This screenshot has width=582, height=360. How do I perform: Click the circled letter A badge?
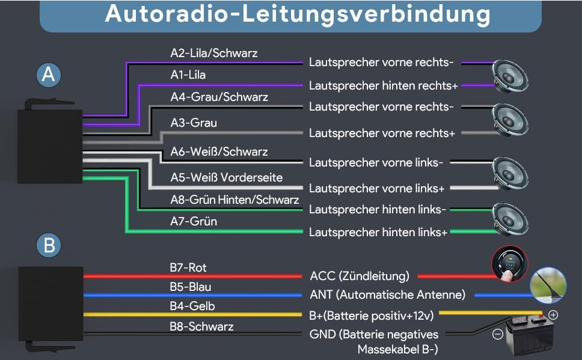tap(49, 75)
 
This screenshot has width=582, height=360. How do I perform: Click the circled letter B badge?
tap(49, 245)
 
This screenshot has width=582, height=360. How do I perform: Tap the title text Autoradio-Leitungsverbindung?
tap(297, 14)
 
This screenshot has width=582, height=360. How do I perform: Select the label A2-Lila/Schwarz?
tap(213, 53)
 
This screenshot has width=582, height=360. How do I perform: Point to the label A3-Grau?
tap(194, 123)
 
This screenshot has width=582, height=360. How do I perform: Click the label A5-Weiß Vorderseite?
tap(226, 177)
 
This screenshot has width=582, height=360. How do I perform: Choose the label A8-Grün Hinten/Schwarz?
tap(234, 200)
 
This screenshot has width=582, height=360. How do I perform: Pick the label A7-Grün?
tap(194, 221)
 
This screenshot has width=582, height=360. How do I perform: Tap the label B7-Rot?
tap(188, 267)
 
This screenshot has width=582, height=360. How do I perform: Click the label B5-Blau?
tap(191, 287)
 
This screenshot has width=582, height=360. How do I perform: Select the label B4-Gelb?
tap(192, 306)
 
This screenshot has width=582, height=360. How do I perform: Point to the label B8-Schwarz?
tap(201, 326)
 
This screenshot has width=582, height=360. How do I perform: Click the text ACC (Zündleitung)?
tap(360, 276)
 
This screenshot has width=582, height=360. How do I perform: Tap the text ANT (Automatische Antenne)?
tap(388, 294)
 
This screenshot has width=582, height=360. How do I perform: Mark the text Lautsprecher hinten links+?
tap(378, 232)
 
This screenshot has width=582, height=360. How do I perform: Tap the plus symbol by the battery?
tap(553, 314)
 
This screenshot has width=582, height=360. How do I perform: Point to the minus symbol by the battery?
tap(497, 334)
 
